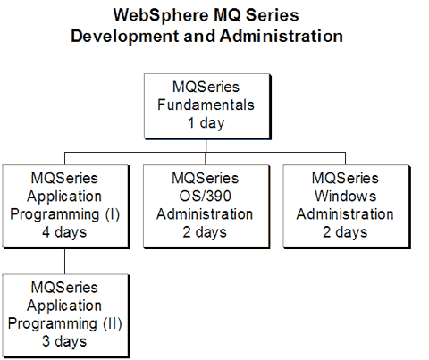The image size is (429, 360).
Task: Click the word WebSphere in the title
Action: (x=161, y=15)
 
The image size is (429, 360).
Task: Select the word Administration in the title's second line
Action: (x=282, y=36)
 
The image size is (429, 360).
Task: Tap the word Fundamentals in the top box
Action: (x=206, y=105)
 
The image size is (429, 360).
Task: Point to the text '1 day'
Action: (x=206, y=123)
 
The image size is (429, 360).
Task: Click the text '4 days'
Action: (x=64, y=232)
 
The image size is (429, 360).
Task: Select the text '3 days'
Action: (x=64, y=341)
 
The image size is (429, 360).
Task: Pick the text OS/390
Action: (x=206, y=197)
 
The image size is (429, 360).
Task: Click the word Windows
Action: (x=346, y=197)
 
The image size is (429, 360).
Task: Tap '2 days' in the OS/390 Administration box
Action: (x=205, y=232)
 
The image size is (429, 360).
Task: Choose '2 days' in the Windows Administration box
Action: (x=345, y=232)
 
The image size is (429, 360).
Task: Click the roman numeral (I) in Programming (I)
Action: (x=113, y=214)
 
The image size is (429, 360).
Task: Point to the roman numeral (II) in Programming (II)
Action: (x=113, y=323)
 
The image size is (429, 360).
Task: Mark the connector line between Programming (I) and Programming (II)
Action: (x=64, y=261)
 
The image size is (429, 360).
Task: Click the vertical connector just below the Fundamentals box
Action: (x=206, y=146)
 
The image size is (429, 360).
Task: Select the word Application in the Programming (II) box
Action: (x=64, y=306)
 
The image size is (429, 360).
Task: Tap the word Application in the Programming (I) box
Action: (x=64, y=197)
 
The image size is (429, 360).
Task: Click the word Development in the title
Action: (x=125, y=37)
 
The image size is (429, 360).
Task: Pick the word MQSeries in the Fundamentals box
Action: (x=206, y=87)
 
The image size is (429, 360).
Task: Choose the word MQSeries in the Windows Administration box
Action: (x=345, y=178)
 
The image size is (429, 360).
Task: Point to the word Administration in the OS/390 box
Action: (x=205, y=214)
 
